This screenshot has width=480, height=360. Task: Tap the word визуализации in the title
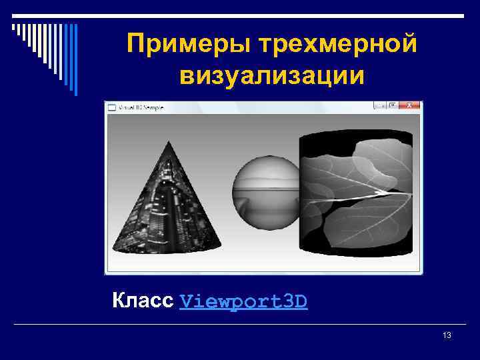[x=271, y=75]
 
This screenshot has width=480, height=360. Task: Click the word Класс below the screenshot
[x=143, y=301]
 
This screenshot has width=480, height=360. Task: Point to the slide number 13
[x=447, y=335]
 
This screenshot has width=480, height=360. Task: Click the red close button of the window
[x=413, y=105]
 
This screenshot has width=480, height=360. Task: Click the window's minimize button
[x=379, y=105]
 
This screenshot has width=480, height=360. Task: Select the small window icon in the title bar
[x=111, y=107]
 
